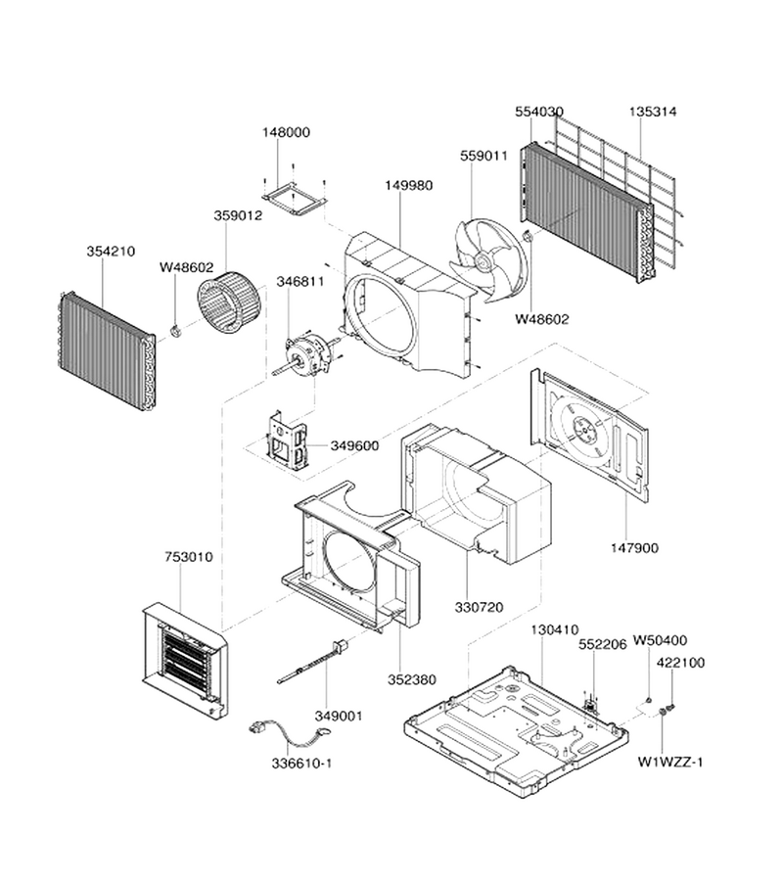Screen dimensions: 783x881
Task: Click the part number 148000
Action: click(x=286, y=132)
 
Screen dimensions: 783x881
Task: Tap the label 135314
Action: click(x=652, y=112)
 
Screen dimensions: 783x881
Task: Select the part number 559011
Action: click(x=484, y=156)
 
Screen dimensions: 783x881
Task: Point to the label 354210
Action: click(x=111, y=252)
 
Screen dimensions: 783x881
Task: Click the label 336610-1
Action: click(x=301, y=764)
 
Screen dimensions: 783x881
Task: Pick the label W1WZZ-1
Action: click(x=670, y=762)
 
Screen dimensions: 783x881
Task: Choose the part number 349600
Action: click(x=354, y=445)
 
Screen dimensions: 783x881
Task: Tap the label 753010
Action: click(x=189, y=557)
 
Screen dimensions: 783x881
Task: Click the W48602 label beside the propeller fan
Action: click(x=542, y=319)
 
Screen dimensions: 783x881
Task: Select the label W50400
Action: click(x=660, y=640)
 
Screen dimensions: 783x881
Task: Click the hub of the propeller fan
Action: click(x=482, y=260)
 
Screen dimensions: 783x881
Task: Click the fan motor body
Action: click(x=306, y=352)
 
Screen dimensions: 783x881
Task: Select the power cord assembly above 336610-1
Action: click(x=290, y=736)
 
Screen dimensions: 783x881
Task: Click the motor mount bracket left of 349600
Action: click(x=287, y=440)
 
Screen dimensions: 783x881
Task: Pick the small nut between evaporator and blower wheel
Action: click(x=175, y=331)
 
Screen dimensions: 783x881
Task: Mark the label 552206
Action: click(x=603, y=645)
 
